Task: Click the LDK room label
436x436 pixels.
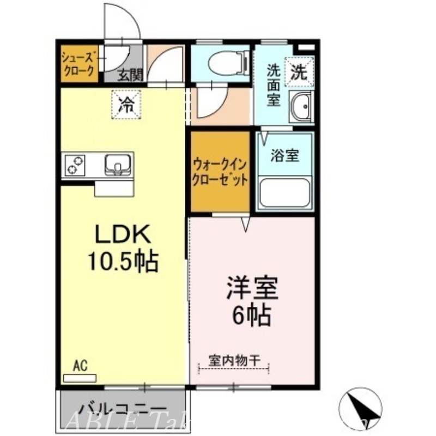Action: pyautogui.click(x=123, y=235)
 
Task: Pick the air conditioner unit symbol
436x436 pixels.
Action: pyautogui.click(x=80, y=377)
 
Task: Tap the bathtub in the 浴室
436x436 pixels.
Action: pyautogui.click(x=285, y=192)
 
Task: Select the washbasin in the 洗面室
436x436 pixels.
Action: pyautogui.click(x=301, y=107)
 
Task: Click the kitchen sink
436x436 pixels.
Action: pyautogui.click(x=116, y=164)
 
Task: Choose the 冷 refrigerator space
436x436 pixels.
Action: pyautogui.click(x=126, y=104)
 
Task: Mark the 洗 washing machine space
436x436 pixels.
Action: pyautogui.click(x=301, y=71)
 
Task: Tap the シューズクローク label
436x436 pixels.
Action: pyautogui.click(x=78, y=65)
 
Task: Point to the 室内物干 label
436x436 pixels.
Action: pyautogui.click(x=234, y=360)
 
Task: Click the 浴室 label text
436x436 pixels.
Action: pyautogui.click(x=285, y=155)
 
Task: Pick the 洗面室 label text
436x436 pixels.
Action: pyautogui.click(x=274, y=85)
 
